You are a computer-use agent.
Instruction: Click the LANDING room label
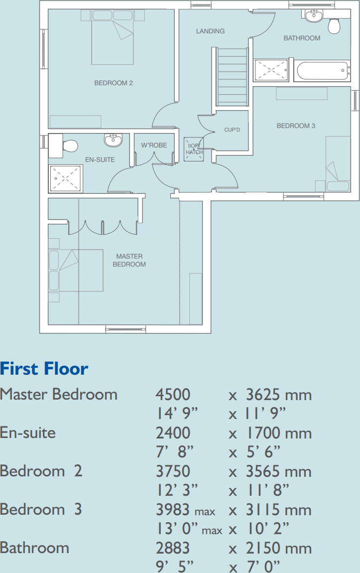pos(210,31)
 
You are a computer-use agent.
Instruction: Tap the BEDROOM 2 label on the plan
pos(114,83)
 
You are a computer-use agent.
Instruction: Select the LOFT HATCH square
pos(194,149)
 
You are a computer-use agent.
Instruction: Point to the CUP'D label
pos(232,130)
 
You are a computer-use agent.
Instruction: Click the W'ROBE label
pos(154,145)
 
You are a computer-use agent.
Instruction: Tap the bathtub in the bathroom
pos(322,71)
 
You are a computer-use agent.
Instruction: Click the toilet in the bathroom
pos(334,25)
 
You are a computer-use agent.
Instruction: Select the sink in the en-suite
pos(113,140)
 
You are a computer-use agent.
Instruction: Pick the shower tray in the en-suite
pos(65,178)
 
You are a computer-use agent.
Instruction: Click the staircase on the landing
pos(232,77)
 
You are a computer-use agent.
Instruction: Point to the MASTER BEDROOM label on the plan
pos(129,260)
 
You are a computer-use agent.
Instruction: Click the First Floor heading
pos(44,368)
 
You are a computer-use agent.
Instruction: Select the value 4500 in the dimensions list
pos(173,395)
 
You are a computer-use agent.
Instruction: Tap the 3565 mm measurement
pos(278,471)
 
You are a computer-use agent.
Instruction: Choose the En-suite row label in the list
pos(28,432)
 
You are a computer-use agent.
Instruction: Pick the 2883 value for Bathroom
pos(173,548)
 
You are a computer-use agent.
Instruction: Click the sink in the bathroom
pos(314,16)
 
